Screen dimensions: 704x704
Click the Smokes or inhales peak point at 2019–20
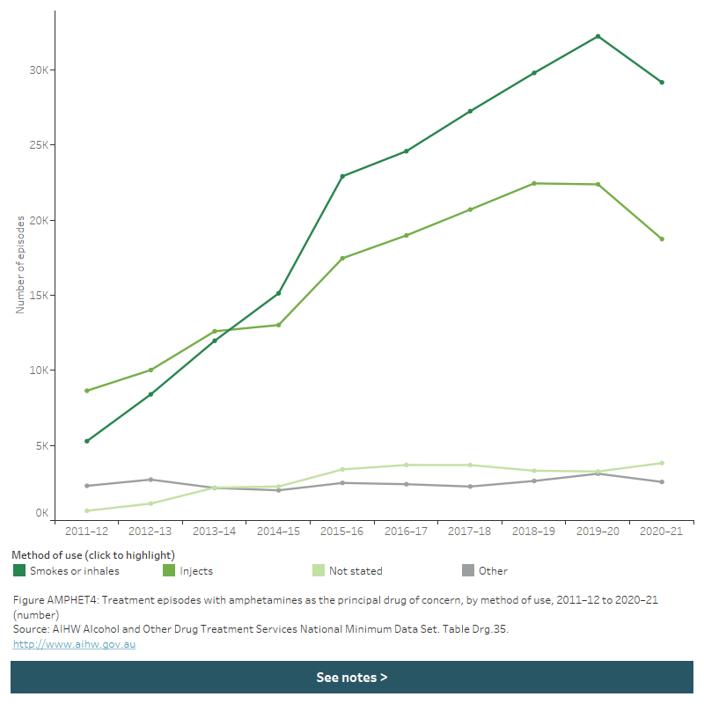[x=598, y=36]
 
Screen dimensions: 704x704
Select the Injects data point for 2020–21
[x=662, y=239]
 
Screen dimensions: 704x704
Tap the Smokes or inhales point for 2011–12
[x=86, y=441]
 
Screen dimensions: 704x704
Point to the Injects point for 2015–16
[x=342, y=259]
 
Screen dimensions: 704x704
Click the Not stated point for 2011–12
[x=86, y=510]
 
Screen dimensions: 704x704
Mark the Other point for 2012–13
[x=150, y=480]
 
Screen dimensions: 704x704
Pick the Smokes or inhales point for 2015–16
[x=342, y=176]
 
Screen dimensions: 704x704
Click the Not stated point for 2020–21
[x=662, y=463]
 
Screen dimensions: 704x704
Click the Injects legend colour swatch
[x=169, y=571]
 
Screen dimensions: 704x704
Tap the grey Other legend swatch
[x=468, y=571]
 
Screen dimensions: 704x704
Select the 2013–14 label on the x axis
[x=214, y=532]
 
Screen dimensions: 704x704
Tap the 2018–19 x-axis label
[x=533, y=532]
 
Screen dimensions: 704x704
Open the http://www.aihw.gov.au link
[x=74, y=644]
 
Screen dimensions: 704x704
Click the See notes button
[x=352, y=678]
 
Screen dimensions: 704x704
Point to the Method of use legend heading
[x=92, y=555]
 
